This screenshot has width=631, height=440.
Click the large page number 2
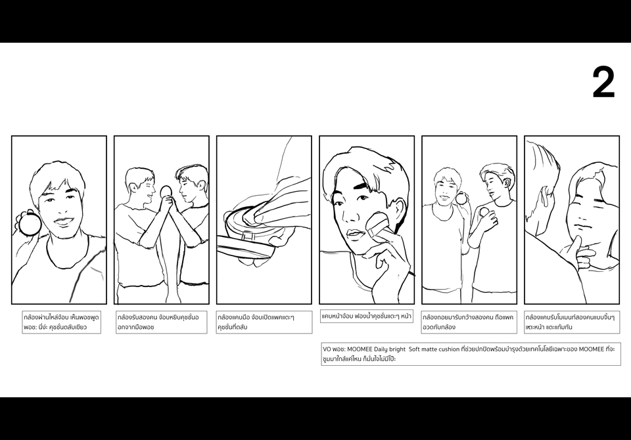click(603, 83)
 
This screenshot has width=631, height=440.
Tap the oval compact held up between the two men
click(166, 192)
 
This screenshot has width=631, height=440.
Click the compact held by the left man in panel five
click(461, 198)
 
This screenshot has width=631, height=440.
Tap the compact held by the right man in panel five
click(484, 212)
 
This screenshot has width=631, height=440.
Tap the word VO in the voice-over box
click(327, 349)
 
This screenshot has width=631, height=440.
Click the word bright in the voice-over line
click(397, 349)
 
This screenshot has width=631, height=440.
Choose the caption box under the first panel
click(61, 322)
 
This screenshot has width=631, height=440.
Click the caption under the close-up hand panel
click(264, 322)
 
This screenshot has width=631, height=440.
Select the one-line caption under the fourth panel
click(367, 316)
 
